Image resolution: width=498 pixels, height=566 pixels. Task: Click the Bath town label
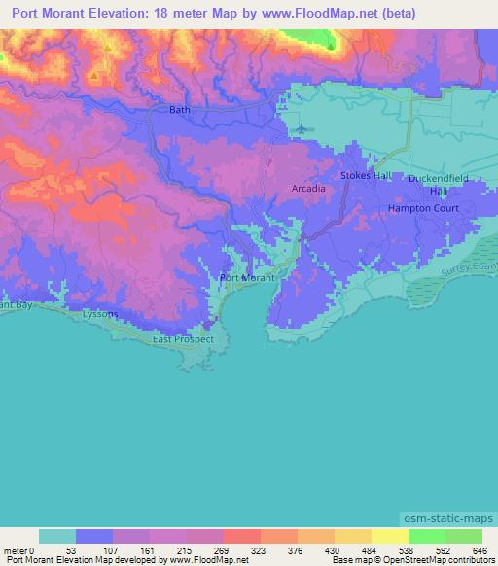(x=180, y=110)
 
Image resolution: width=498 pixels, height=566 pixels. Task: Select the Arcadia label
(x=307, y=188)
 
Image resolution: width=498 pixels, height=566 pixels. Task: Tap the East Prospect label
(x=183, y=340)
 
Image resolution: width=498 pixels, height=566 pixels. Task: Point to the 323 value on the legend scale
(x=259, y=549)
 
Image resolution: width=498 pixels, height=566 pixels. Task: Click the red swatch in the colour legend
(x=241, y=536)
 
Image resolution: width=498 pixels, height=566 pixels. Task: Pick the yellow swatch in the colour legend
(x=389, y=536)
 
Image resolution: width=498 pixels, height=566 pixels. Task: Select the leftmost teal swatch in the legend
(x=56, y=536)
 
